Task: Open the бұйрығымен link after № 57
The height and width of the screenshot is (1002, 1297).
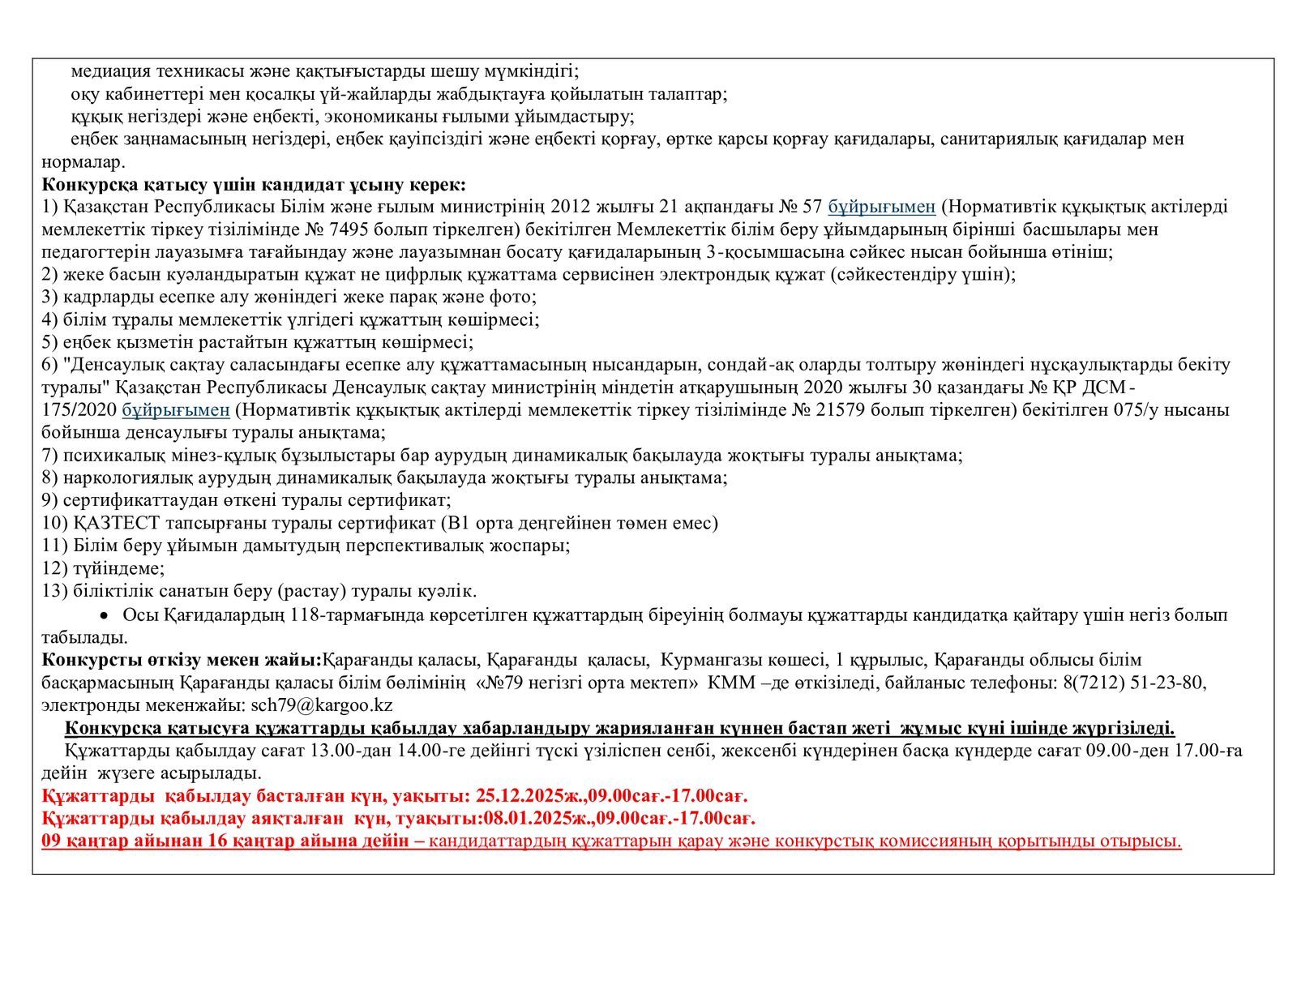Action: [881, 207]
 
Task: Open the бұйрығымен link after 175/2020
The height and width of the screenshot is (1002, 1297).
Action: [176, 410]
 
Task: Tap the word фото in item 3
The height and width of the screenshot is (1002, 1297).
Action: [516, 297]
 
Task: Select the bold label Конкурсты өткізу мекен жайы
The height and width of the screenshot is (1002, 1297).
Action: [181, 660]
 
